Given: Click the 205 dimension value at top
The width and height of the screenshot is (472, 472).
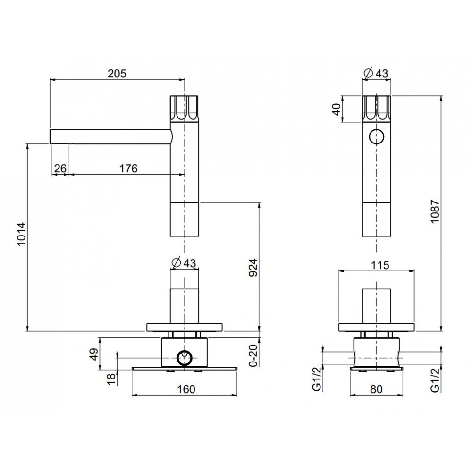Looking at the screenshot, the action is [117, 74].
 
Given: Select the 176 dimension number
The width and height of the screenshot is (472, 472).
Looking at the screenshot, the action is [128, 169].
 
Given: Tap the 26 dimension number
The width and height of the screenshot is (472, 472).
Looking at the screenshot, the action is [60, 169].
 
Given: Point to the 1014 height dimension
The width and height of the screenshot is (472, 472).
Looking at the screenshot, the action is [21, 234].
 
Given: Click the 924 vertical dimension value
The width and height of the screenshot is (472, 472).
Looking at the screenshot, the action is [253, 268].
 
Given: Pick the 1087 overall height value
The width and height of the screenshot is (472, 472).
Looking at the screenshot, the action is [435, 211].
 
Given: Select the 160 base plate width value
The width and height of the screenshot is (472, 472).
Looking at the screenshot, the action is [186, 389].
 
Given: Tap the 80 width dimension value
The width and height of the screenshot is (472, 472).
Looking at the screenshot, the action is [376, 389].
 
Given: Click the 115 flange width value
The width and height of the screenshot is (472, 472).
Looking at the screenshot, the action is [380, 265].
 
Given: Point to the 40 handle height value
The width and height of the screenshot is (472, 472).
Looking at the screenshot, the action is [336, 109].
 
